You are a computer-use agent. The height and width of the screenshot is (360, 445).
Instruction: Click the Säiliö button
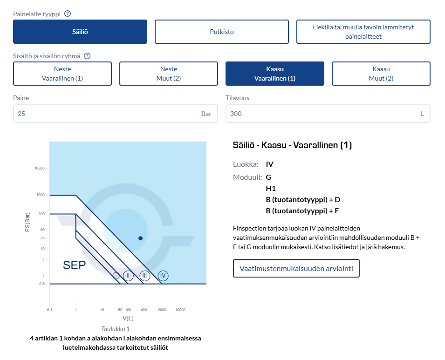click(80, 32)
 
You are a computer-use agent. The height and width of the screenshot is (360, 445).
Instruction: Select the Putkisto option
click(222, 32)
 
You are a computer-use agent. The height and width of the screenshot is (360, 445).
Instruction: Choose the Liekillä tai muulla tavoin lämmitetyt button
click(363, 32)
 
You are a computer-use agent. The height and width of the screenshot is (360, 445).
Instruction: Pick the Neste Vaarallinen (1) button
click(62, 74)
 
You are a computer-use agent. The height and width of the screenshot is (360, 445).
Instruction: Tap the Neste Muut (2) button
click(169, 74)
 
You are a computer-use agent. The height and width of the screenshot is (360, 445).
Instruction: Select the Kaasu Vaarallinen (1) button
click(275, 74)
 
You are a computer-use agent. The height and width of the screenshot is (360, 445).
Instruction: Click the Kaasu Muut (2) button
click(381, 74)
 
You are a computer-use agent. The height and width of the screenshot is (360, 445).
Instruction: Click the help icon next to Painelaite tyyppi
click(68, 14)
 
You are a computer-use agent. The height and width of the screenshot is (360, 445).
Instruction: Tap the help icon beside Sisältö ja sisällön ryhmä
click(87, 56)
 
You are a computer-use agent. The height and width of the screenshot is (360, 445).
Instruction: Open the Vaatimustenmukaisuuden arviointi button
click(296, 268)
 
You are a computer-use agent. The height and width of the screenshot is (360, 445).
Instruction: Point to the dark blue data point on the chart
click(140, 238)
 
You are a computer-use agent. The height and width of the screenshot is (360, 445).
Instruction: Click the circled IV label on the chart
click(163, 276)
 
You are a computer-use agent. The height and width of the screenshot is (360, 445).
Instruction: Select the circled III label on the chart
click(145, 276)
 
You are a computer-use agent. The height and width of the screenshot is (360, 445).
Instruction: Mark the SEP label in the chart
click(75, 265)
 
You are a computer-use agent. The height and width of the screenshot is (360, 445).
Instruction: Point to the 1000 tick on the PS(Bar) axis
click(41, 195)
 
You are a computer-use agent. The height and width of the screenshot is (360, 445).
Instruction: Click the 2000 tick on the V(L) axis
click(162, 310)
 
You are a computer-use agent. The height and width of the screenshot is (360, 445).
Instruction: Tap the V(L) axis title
click(128, 319)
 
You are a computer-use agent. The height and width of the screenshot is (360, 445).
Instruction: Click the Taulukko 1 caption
click(116, 329)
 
